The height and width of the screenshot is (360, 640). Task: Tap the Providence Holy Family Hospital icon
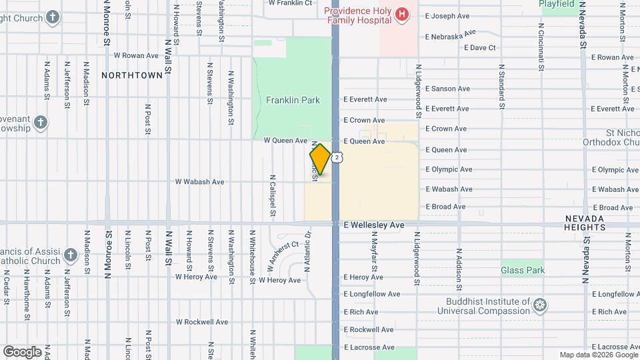401,15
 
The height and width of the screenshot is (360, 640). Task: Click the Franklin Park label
293,101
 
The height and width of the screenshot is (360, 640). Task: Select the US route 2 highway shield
338,157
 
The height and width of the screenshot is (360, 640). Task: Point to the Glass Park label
523,270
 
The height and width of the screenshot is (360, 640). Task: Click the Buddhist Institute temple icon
540,306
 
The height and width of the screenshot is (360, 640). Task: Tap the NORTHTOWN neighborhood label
132,75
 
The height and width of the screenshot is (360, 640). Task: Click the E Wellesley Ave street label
374,225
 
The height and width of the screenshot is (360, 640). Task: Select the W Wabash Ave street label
199,181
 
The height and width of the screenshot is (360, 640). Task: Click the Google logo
22,351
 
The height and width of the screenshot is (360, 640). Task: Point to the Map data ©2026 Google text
597,355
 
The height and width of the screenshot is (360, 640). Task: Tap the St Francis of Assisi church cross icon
70,255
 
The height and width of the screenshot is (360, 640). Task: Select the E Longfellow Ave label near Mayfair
372,294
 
